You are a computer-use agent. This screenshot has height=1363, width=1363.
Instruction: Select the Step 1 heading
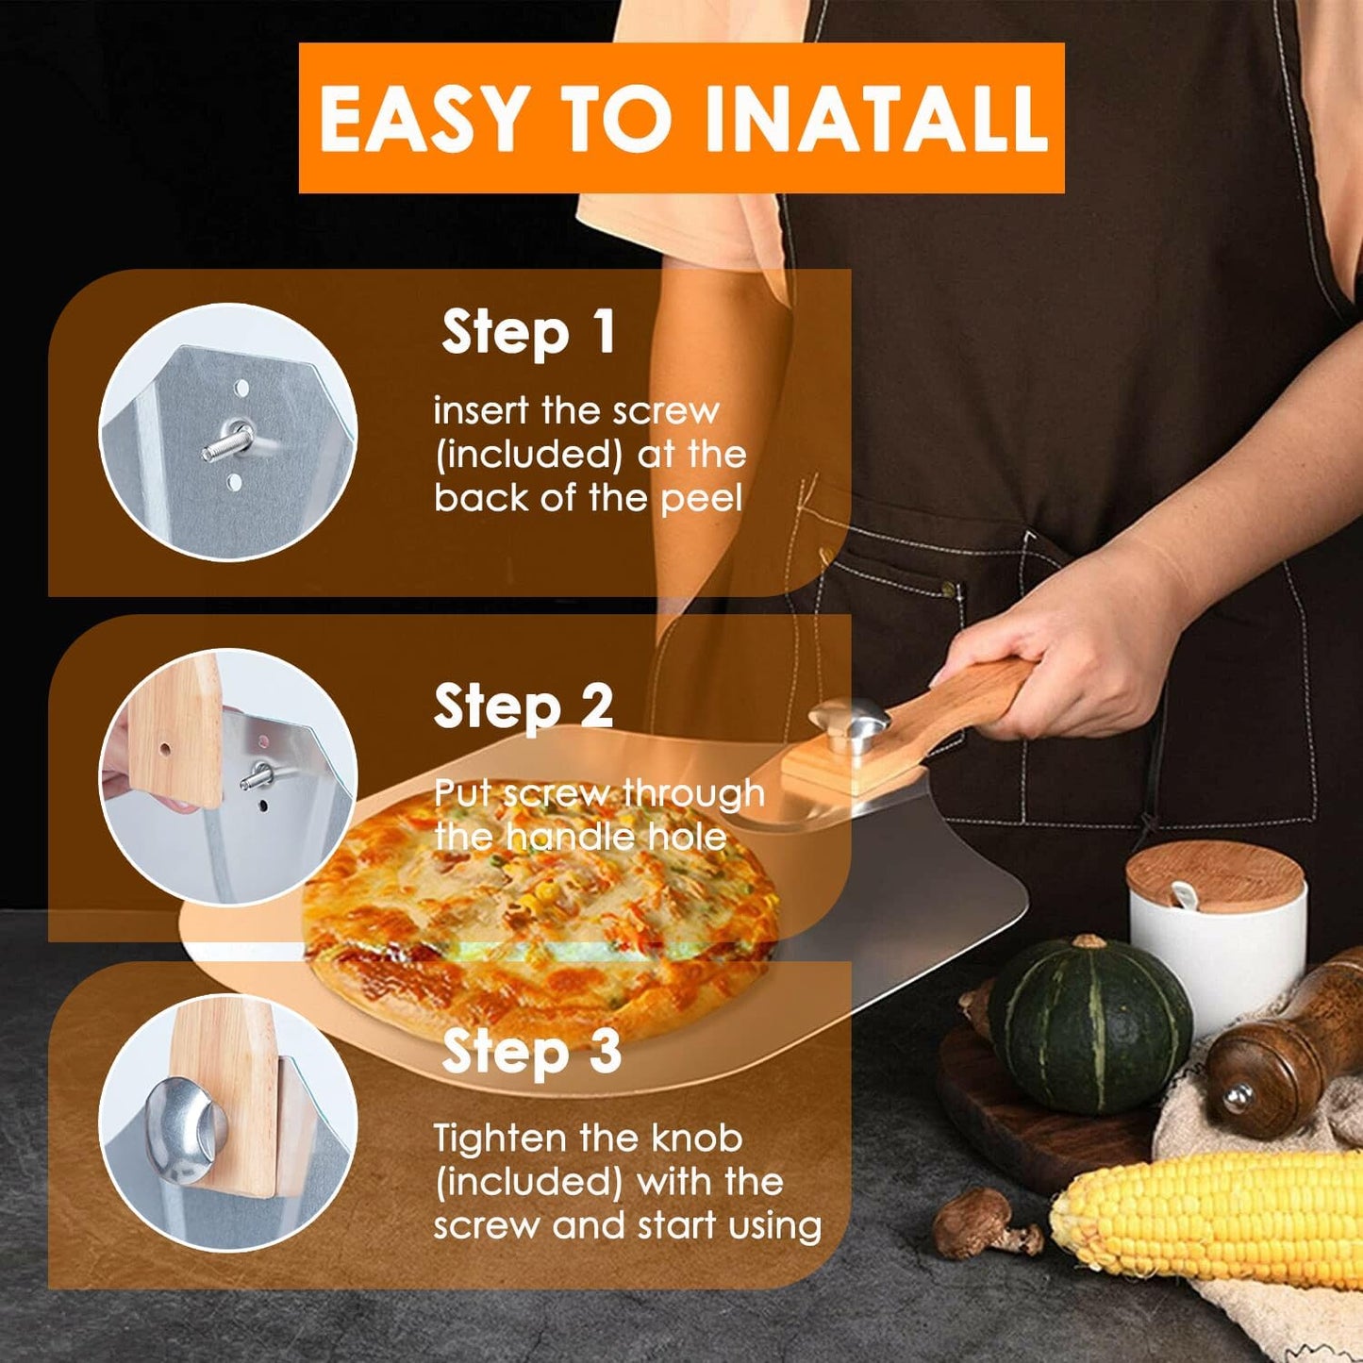point(528,333)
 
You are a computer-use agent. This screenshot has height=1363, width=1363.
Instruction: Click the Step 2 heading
point(524,706)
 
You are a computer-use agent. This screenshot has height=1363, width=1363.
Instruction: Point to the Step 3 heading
point(530,1052)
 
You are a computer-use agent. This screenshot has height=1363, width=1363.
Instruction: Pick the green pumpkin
point(1089,1023)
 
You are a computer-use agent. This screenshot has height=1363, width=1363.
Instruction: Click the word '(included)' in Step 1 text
point(528,454)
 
